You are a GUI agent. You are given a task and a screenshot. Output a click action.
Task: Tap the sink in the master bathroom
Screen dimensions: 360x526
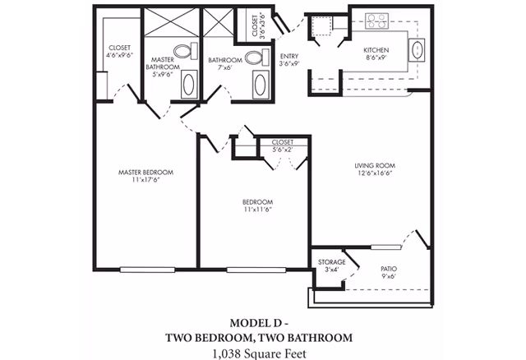click(188, 83)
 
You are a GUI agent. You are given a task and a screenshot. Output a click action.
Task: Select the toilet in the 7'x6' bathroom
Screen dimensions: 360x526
click(261, 57)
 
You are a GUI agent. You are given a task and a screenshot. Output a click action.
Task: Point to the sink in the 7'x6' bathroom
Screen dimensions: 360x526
click(261, 83)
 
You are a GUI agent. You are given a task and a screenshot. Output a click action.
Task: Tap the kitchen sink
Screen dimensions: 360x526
click(417, 50)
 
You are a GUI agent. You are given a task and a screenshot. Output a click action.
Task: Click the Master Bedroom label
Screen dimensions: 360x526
click(145, 173)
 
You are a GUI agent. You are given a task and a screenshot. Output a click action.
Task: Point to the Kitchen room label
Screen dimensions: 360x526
click(376, 51)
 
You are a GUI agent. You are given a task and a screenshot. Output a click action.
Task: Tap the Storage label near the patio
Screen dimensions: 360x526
click(331, 262)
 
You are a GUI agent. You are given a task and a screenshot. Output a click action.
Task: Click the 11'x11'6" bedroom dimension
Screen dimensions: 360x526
click(257, 210)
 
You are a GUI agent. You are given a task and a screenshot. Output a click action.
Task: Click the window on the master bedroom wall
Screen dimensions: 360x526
click(145, 269)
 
